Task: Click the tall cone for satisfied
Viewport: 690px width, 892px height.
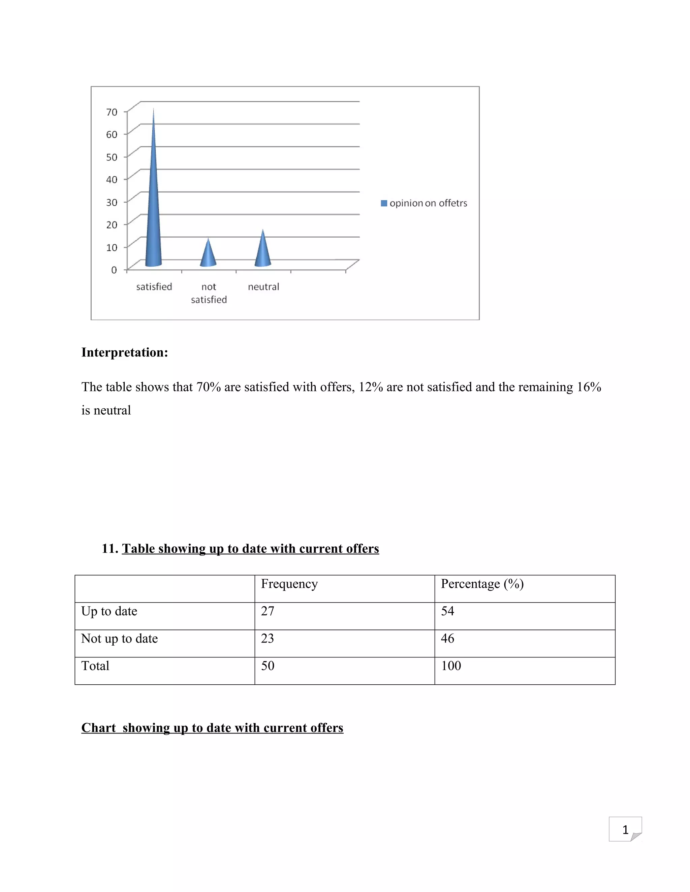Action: [153, 212]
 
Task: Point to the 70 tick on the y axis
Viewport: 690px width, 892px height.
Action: [112, 112]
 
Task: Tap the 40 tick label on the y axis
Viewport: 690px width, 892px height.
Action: [112, 180]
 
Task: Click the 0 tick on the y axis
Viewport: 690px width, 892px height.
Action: [114, 270]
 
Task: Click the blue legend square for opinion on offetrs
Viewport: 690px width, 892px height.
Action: [384, 203]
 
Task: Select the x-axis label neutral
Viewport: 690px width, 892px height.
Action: [263, 287]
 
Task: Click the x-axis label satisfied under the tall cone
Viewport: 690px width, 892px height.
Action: [154, 287]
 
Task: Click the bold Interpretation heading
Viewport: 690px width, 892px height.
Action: [125, 352]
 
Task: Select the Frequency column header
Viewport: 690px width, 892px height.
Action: [289, 584]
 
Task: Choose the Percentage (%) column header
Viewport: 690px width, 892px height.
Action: [482, 584]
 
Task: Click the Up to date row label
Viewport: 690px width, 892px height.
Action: [109, 611]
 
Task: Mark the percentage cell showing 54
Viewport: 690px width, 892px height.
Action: [448, 611]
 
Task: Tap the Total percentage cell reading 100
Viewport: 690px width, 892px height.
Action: [451, 666]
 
